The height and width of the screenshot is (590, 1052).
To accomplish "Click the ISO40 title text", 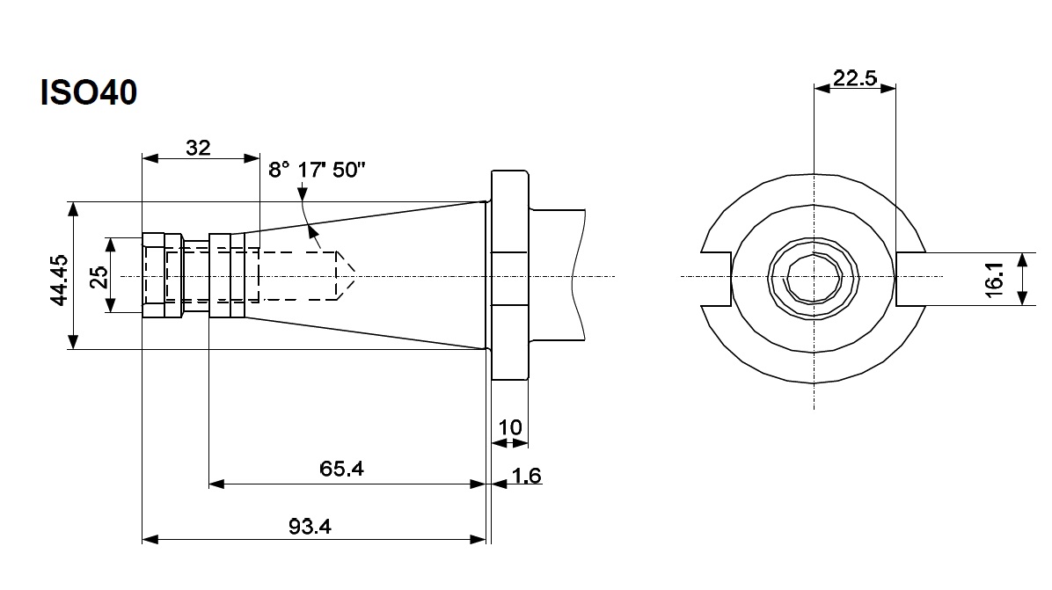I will pyautogui.click(x=88, y=93).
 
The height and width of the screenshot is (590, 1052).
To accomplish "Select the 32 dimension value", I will pyautogui.click(x=199, y=148).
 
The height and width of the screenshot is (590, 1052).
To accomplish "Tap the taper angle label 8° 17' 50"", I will pyautogui.click(x=317, y=170).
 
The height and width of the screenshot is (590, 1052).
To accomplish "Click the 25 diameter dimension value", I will pyautogui.click(x=99, y=276).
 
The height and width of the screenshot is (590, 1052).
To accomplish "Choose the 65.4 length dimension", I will pyautogui.click(x=342, y=469).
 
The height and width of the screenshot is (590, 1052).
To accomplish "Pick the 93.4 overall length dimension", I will pyautogui.click(x=310, y=526).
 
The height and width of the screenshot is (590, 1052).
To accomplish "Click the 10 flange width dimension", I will pyautogui.click(x=510, y=427).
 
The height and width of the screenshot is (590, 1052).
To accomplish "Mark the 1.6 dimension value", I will pyautogui.click(x=526, y=476).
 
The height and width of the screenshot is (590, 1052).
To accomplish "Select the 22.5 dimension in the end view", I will pyautogui.click(x=855, y=77).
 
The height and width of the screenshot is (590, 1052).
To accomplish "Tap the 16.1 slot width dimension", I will pyautogui.click(x=995, y=280).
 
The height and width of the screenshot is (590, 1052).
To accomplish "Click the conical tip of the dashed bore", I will pyautogui.click(x=347, y=276).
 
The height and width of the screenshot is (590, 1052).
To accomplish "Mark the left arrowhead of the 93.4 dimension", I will pyautogui.click(x=149, y=538).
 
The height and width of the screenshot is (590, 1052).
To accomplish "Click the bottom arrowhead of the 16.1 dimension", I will pyautogui.click(x=1022, y=300).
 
